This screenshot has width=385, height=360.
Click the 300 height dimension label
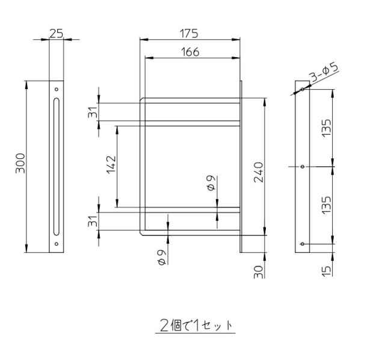point(20,163)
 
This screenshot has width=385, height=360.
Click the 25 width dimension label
point(56,34)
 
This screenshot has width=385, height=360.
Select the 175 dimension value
point(189,34)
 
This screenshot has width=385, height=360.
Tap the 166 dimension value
point(190,52)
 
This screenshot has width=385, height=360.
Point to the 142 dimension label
point(111,164)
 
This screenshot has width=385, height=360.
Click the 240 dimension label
point(258,172)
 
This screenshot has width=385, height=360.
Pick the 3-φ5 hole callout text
point(324,72)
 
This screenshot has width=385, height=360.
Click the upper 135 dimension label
point(327,128)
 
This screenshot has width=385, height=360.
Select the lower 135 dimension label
point(327,205)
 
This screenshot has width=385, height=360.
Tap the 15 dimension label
point(327,271)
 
